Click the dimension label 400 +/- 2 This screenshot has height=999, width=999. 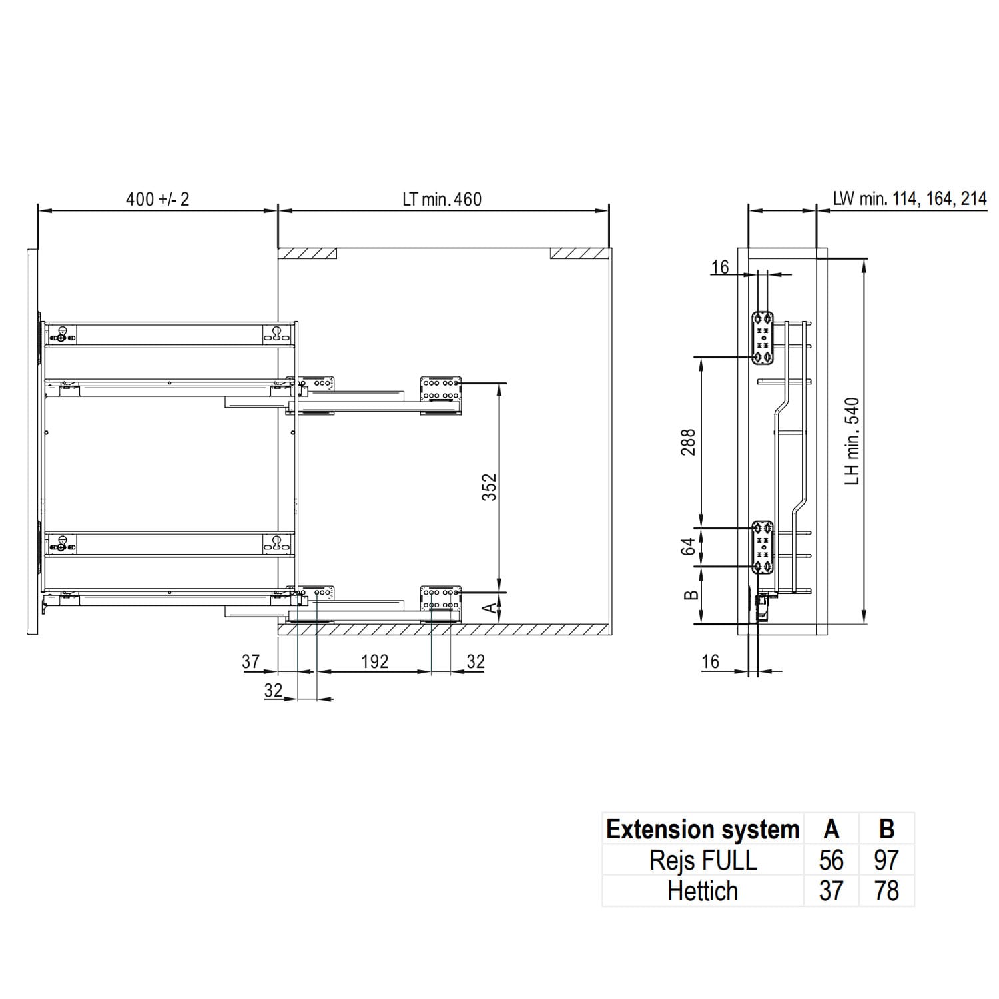pos(157,199)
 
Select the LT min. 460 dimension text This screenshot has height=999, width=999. pos(442,199)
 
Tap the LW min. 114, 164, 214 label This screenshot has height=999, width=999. pos(909,198)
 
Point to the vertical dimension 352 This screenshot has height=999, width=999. pos(490,487)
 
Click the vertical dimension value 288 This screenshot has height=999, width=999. pos(688,442)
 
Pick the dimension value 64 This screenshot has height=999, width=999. pos(689,547)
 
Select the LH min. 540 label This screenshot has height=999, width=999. pos(852,441)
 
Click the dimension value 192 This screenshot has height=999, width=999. pos(374,661)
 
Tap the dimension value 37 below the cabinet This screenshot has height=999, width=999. pos(250,661)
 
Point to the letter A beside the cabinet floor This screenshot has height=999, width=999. pos(490,607)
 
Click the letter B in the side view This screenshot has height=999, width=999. pos(691,595)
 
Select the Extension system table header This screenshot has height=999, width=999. pos(703,829)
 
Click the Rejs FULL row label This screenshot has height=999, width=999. pos(703,860)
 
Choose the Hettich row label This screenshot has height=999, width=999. pos(703,891)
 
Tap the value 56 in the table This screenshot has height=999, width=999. pos(831,860)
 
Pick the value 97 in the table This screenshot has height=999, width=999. pos(886,860)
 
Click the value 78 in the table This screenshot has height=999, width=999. pos(886,891)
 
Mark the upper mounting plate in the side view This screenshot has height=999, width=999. pos(763,338)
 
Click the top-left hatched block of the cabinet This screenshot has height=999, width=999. pos(307,254)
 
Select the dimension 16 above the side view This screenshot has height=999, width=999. pos(720,267)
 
